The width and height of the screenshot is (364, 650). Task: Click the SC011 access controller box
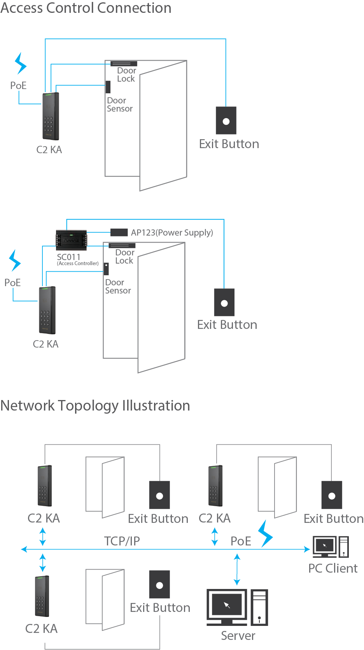tap(72, 240)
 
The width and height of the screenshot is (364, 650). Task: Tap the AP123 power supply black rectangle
tap(119, 232)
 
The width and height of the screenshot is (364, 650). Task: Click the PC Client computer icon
tap(331, 547)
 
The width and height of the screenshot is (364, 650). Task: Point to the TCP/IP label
tap(122, 541)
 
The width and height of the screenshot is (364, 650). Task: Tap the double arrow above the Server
tap(237, 570)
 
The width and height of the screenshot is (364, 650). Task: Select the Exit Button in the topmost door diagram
tap(226, 121)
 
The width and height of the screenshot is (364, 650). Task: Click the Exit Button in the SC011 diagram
tap(224, 302)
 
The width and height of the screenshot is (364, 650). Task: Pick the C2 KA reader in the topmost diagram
tap(51, 116)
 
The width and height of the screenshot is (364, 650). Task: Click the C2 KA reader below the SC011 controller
tap(47, 310)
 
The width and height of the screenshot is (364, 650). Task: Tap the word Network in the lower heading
tap(28, 405)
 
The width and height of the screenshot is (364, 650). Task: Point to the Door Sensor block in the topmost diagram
tap(108, 87)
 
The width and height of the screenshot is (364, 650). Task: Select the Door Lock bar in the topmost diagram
tap(124, 63)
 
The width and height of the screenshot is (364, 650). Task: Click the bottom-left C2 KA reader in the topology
tap(42, 596)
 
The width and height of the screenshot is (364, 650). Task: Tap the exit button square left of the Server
tap(159, 584)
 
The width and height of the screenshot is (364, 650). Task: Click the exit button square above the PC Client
tap(332, 495)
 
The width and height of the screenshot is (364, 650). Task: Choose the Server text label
tap(238, 636)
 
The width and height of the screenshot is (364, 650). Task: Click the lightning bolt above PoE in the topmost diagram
tap(20, 63)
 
